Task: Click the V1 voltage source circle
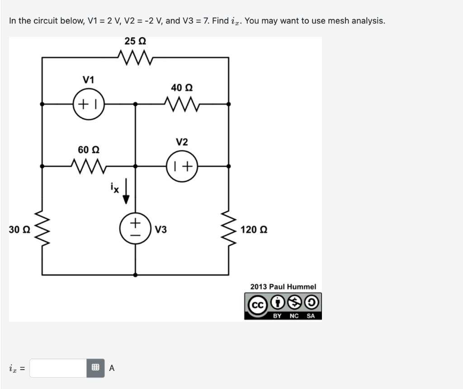pos(89,104)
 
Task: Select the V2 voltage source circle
pos(182,166)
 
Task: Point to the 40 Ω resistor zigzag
pos(182,104)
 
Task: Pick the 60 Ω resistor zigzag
pos(89,166)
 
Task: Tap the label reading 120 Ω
pos(254,230)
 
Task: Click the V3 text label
pos(161,230)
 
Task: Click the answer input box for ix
pos(58,368)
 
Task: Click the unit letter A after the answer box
pos(112,368)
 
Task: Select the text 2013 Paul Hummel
pos(283,286)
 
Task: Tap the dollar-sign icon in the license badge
pos(296,300)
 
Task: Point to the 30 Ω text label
pos(19,230)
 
